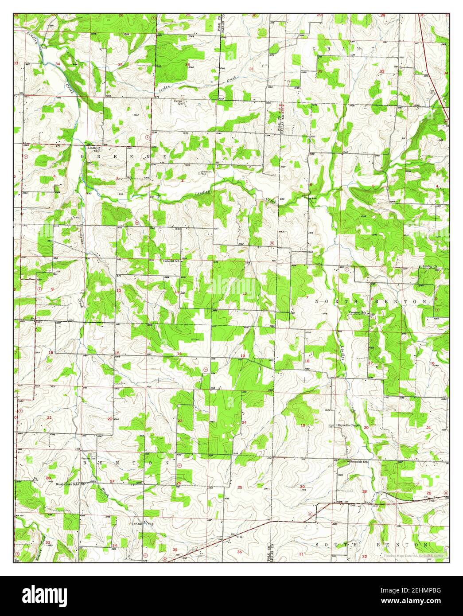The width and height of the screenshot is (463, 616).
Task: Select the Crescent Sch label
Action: (x=358, y=313)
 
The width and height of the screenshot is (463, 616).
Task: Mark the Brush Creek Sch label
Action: (x=67, y=484)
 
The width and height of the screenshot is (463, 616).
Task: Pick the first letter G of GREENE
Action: (x=82, y=157)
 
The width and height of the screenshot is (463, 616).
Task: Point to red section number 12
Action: (x=244, y=294)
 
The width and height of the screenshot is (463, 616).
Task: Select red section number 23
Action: (x=180, y=421)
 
